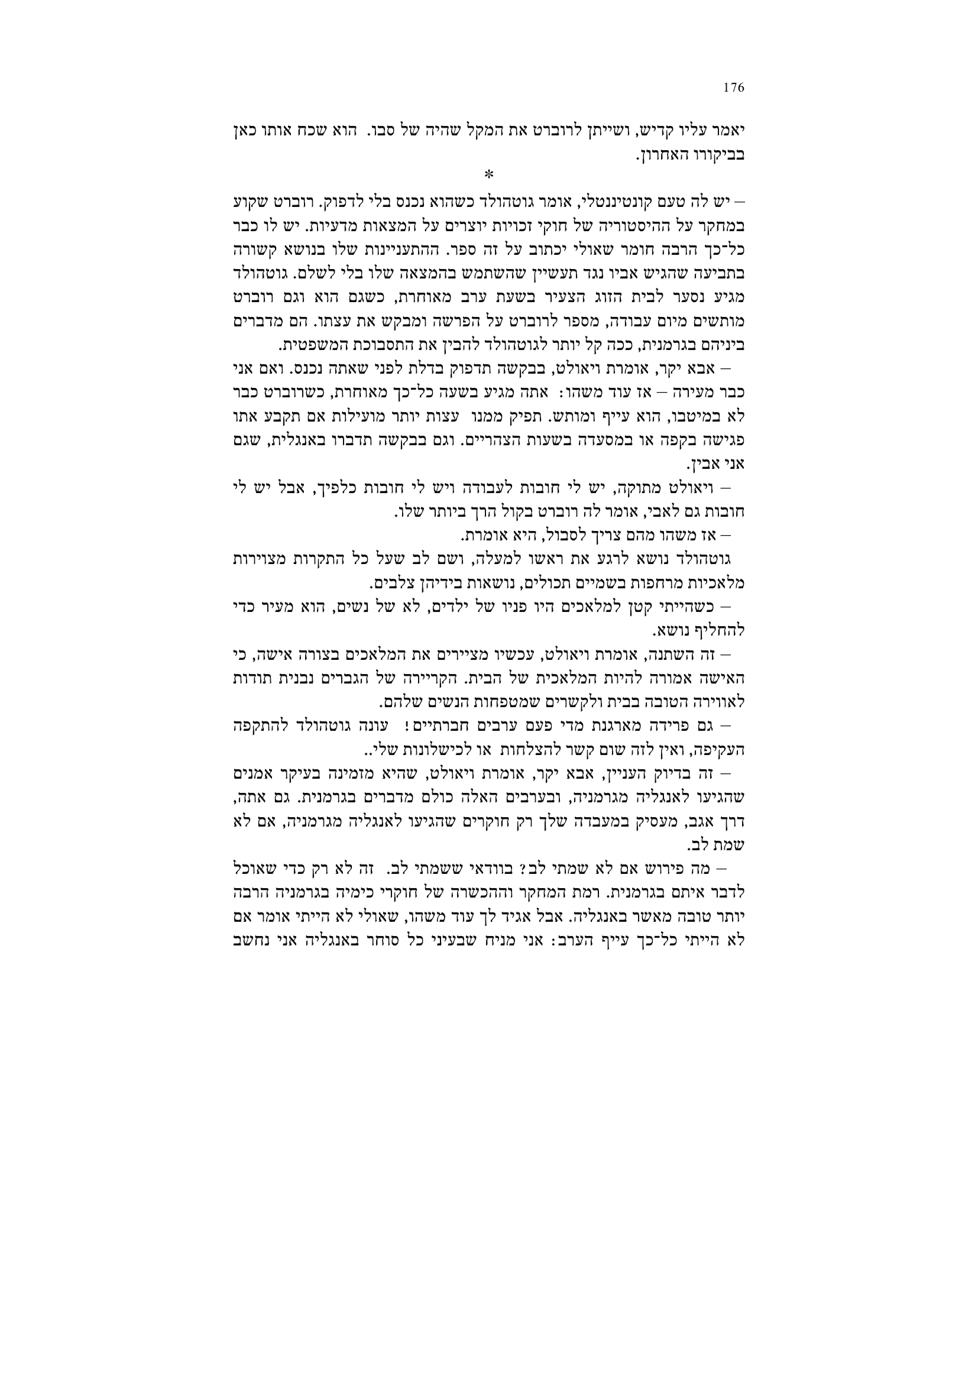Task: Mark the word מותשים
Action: coord(724,320)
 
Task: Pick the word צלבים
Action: coord(390,582)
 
